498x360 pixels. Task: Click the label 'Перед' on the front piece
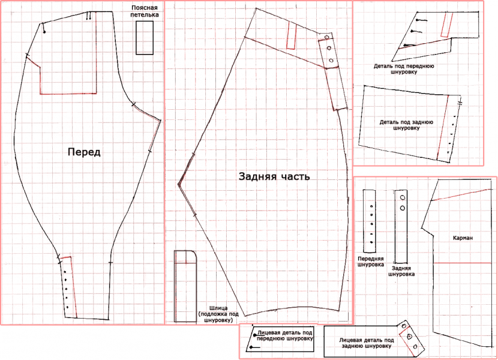point(84,152)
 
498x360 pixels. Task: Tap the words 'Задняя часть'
point(274,176)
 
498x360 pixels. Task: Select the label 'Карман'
point(463,238)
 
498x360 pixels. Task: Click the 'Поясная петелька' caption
point(145,11)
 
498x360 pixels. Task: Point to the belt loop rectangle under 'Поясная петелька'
point(145,38)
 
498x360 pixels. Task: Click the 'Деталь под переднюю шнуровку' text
point(404,69)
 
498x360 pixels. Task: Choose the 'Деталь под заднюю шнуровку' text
point(406,125)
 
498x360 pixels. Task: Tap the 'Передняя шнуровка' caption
point(371,262)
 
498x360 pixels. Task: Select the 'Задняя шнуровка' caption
point(401,271)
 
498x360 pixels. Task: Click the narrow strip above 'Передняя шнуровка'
point(369,221)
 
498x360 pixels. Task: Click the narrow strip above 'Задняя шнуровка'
point(401,226)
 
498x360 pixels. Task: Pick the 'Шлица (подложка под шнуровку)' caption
point(218,314)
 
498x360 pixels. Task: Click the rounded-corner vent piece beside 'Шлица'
point(185,286)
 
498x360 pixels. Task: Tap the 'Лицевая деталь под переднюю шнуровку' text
point(284,335)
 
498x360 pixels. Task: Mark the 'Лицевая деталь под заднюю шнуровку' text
point(367,343)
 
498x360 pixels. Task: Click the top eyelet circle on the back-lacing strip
point(403,197)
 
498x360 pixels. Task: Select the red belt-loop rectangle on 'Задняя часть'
point(291,36)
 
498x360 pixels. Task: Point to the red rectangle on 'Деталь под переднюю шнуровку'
point(446,25)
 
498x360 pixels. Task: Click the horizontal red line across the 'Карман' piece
point(463,263)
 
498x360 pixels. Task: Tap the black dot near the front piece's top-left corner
point(44,32)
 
